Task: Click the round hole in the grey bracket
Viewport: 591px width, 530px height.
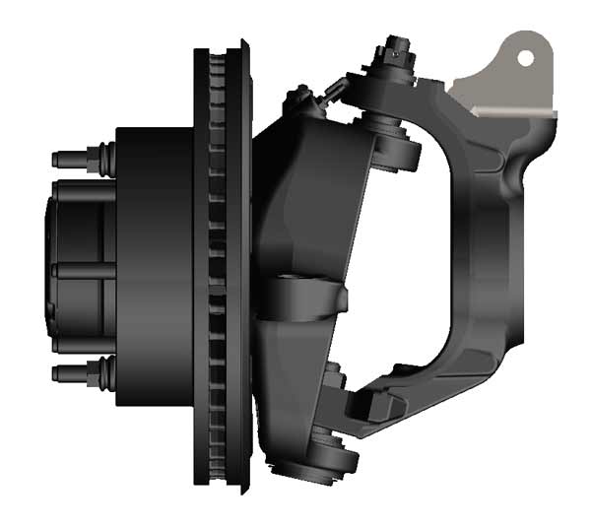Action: click(x=526, y=57)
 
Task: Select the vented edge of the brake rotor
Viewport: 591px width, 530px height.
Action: click(x=218, y=266)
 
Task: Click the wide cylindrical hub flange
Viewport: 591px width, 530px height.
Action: click(x=153, y=266)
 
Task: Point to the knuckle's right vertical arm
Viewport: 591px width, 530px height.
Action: click(x=502, y=246)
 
